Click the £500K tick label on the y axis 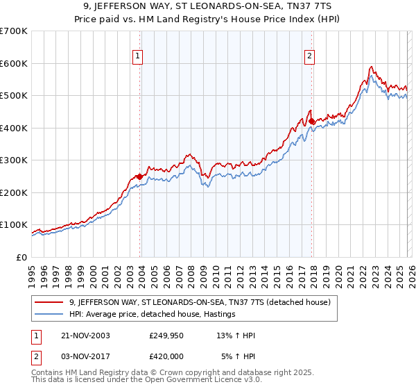coord(14,95)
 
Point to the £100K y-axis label coord(14,225)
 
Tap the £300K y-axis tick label coord(14,160)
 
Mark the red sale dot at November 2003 coord(140,176)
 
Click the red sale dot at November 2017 coord(311,121)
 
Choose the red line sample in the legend coord(49,302)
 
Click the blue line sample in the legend coord(49,315)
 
